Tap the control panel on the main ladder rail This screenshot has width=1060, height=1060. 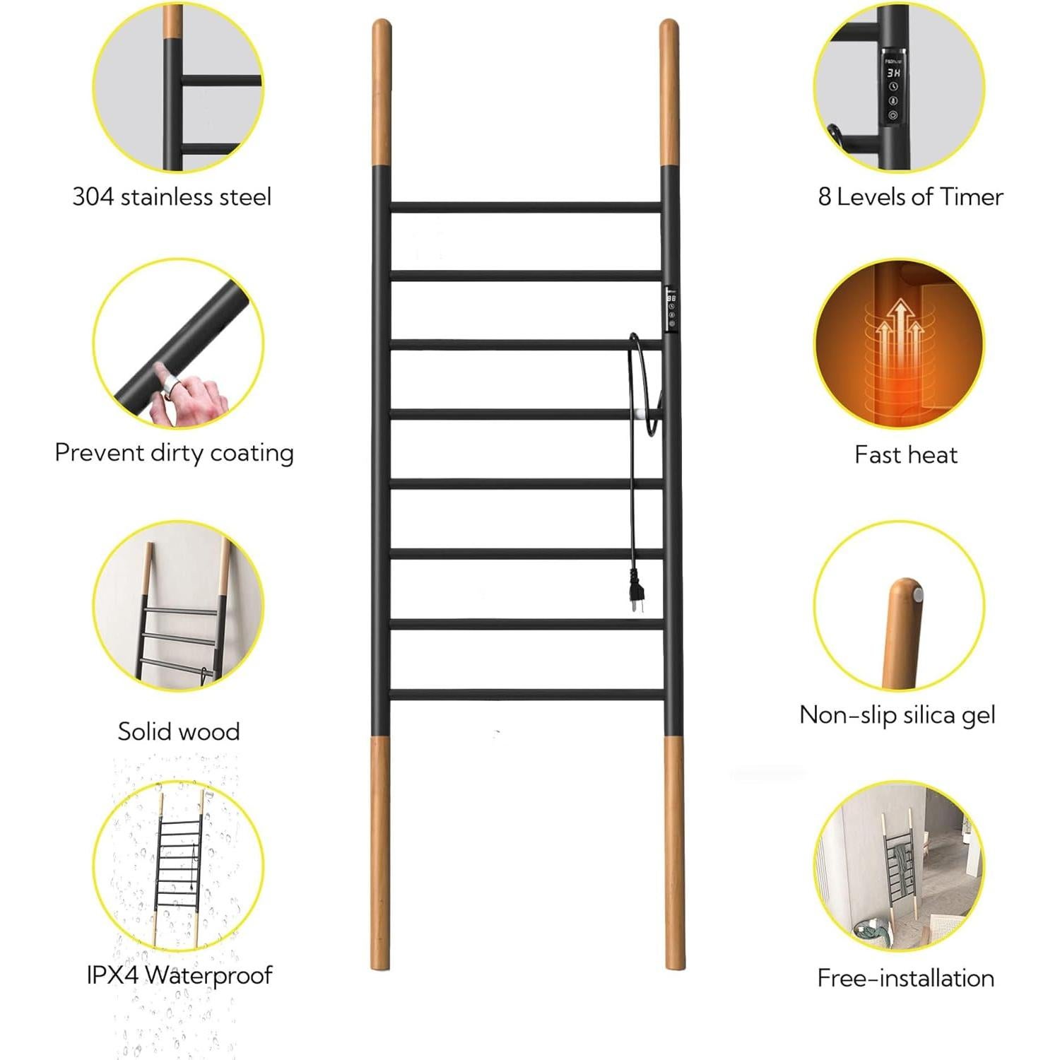click(x=671, y=309)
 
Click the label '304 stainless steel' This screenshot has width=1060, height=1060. click(x=172, y=196)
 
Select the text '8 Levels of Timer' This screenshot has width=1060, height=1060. click(x=910, y=196)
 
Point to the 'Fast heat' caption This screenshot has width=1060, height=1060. click(x=906, y=454)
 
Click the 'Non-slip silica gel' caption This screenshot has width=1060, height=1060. click(x=897, y=715)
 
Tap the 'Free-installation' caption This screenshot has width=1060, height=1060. click(x=905, y=978)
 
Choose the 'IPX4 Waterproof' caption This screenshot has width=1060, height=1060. click(x=179, y=975)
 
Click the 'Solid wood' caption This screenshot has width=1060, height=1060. click(x=179, y=731)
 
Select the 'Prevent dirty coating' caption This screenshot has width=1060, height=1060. click(x=174, y=453)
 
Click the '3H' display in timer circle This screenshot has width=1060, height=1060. click(x=893, y=73)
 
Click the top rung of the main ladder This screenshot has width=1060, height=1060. click(x=526, y=207)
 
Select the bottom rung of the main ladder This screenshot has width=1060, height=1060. click(x=526, y=695)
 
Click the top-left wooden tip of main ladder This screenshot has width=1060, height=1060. click(x=381, y=92)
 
